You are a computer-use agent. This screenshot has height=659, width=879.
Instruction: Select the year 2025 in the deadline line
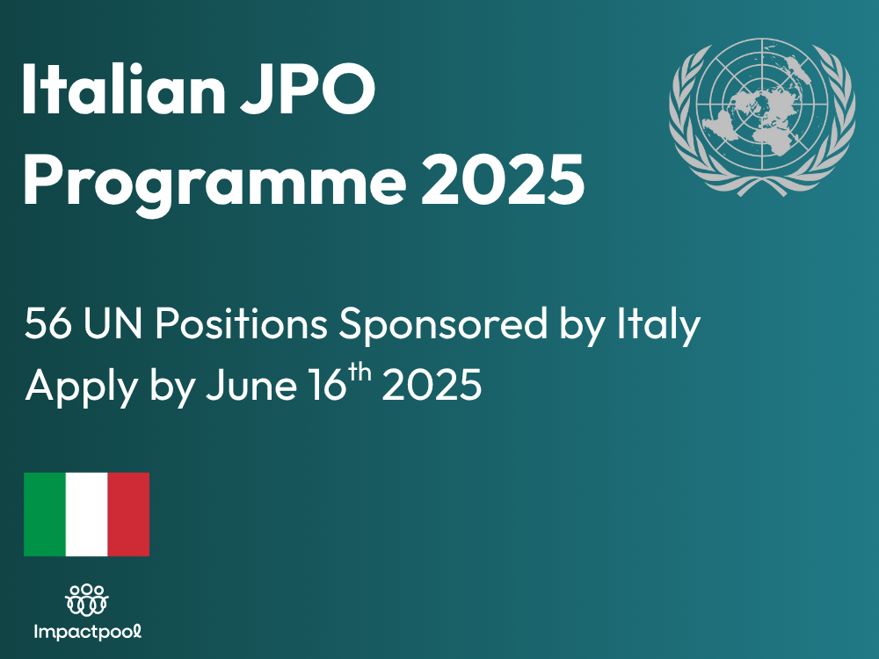pyautogui.click(x=432, y=387)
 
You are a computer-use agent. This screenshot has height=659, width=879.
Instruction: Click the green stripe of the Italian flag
pyautogui.click(x=44, y=514)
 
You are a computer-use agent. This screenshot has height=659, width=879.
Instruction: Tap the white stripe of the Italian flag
pyautogui.click(x=86, y=514)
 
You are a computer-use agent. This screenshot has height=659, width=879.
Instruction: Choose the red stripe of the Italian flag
pyautogui.click(x=128, y=514)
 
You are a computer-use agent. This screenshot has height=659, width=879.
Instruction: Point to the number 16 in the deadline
pyautogui.click(x=323, y=387)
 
